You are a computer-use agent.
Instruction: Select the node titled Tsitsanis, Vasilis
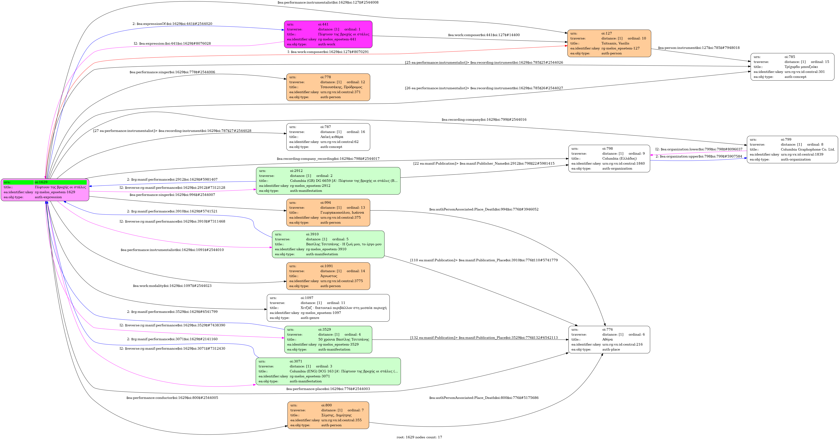(x=609, y=43)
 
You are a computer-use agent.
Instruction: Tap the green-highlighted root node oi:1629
(x=45, y=190)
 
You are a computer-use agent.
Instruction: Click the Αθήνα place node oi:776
(x=609, y=339)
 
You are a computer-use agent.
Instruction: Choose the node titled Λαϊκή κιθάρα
(x=328, y=137)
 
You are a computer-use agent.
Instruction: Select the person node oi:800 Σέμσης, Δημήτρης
(x=328, y=415)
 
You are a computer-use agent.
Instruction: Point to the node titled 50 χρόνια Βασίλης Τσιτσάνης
(x=328, y=339)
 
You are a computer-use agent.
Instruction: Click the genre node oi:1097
(x=328, y=308)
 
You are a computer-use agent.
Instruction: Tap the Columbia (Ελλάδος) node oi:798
(x=609, y=158)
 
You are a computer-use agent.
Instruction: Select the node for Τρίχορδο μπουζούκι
(x=792, y=67)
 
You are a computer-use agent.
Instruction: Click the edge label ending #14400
(x=484, y=35)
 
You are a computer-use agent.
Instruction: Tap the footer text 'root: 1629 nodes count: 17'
(x=419, y=437)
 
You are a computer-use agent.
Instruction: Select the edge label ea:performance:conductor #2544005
(x=172, y=398)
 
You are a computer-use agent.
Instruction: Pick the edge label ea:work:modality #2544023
(x=172, y=286)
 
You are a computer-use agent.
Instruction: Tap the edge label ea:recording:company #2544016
(x=484, y=120)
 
